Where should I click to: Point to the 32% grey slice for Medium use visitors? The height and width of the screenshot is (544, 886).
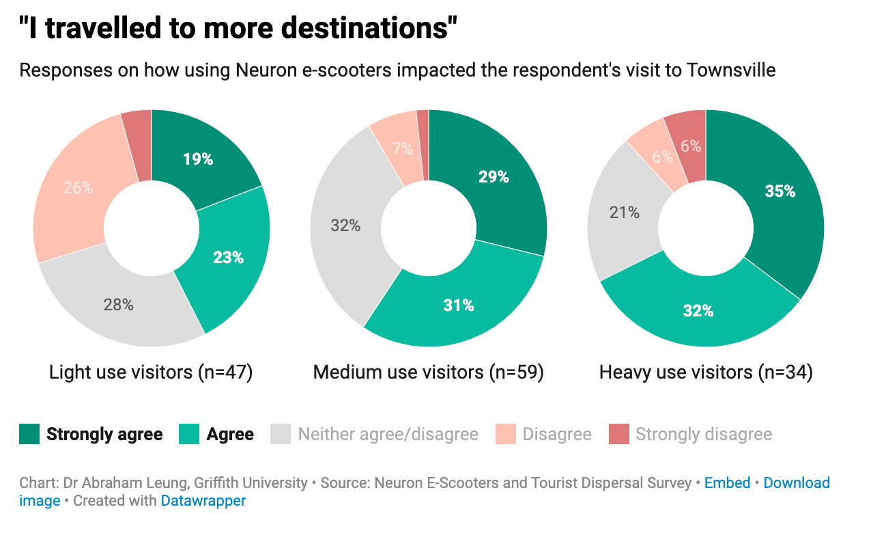point(345,226)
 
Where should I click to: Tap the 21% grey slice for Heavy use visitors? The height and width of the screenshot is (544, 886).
point(623,213)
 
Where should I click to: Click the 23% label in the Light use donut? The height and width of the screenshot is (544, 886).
point(228,258)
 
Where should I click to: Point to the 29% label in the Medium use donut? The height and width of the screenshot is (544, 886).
point(493,177)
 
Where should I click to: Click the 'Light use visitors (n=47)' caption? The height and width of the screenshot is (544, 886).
point(151,372)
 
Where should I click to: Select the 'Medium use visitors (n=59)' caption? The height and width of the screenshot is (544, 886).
point(428,372)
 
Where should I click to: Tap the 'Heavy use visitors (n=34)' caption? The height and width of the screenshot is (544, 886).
point(705,372)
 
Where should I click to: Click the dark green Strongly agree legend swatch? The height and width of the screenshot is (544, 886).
point(29,434)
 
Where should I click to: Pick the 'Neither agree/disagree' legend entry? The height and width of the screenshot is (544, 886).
point(388,434)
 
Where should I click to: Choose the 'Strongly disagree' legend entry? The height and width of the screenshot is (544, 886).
point(703,434)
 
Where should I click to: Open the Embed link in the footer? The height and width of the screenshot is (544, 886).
point(727,483)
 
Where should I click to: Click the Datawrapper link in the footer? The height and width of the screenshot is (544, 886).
point(203,501)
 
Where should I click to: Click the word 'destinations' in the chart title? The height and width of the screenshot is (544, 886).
point(361,29)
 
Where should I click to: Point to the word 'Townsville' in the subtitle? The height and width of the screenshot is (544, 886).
point(731,70)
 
